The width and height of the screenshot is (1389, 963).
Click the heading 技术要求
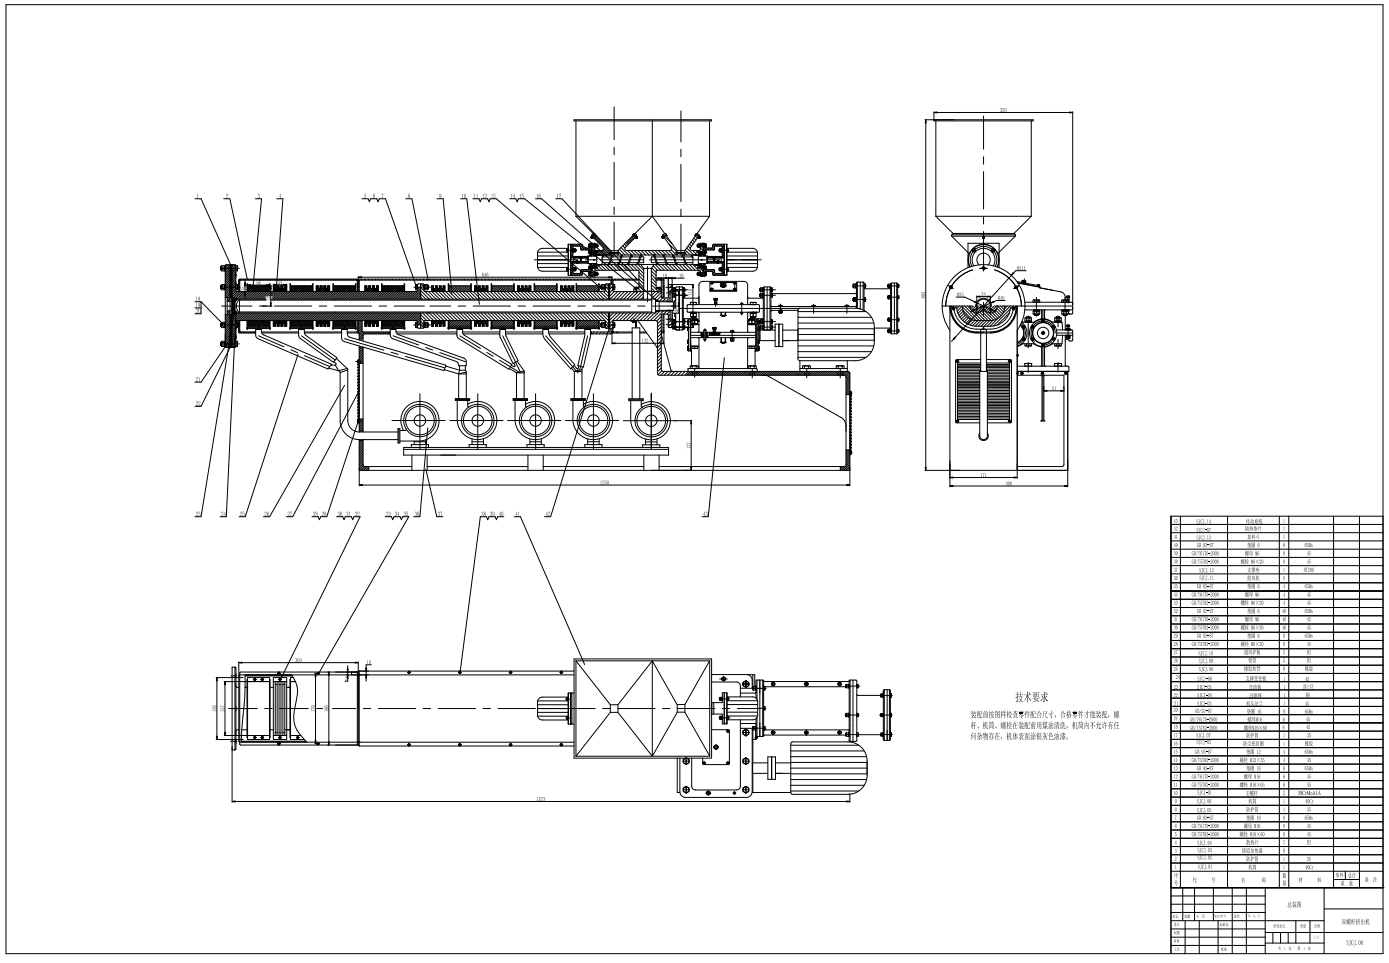click(x=1031, y=697)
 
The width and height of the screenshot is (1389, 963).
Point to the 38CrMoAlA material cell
click(x=1308, y=793)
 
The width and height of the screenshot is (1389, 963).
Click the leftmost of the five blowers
click(x=417, y=423)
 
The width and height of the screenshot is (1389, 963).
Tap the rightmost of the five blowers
click(x=651, y=423)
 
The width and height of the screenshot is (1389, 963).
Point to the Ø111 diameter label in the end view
click(x=1019, y=269)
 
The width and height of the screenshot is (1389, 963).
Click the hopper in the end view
click(x=986, y=175)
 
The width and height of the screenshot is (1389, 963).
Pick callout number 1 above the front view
click(x=198, y=197)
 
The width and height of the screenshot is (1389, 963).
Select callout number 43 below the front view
click(x=705, y=514)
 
